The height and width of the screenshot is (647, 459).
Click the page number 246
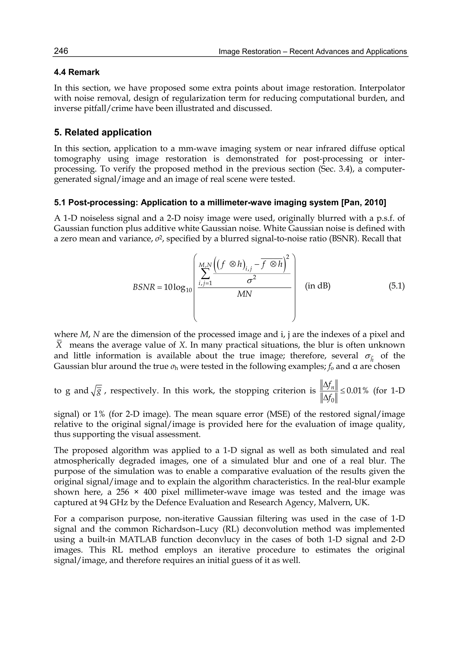tap(61, 51)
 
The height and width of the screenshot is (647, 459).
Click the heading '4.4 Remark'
tap(77, 72)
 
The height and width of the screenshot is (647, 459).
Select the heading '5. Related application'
tap(103, 132)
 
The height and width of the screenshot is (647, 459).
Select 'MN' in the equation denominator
tap(245, 294)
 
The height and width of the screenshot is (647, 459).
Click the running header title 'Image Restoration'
tap(250, 52)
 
